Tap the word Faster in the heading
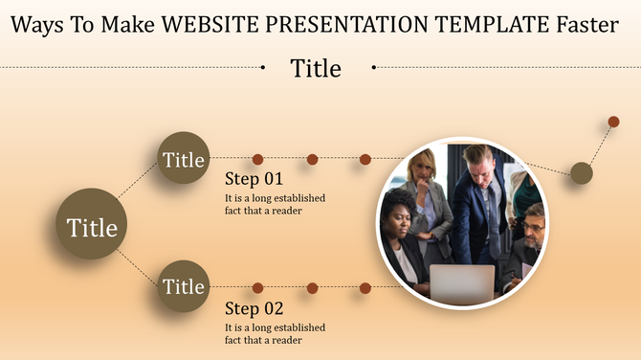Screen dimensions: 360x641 pos(580,24)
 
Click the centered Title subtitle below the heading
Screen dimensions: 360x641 pos(316,68)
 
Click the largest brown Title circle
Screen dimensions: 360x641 pos(92,228)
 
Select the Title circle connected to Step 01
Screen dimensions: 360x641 pos(183,159)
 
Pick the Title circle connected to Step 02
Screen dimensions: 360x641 pos(183,285)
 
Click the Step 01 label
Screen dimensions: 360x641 pos(254,179)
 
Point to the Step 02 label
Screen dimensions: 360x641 pos(254,308)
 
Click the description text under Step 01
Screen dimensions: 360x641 pos(275,204)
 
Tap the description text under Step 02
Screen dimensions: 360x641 pos(275,333)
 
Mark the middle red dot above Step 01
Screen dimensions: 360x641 pos(312,159)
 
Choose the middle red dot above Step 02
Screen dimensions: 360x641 pos(312,287)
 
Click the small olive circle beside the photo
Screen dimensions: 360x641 pos(582,172)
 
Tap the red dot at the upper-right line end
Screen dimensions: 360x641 pos(613,122)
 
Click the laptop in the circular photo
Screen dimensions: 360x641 pos(462,282)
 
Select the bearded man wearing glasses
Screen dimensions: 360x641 pos(531,228)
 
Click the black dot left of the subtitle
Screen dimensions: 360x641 pos(263,67)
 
